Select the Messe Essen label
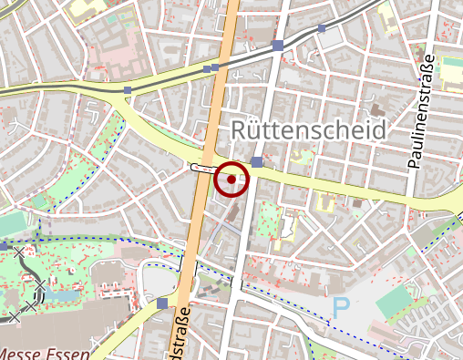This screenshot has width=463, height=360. pyautogui.click(x=44, y=354)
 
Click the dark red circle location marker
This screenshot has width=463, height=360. pyautogui.click(x=231, y=179)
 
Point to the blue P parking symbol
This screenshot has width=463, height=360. pyautogui.click(x=342, y=308)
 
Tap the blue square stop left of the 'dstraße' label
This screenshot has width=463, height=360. pyautogui.click(x=162, y=303)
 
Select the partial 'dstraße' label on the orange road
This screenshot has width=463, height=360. pyautogui.click(x=182, y=332)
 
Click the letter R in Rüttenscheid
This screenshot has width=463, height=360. pyautogui.click(x=240, y=129)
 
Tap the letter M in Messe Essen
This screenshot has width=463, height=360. pyautogui.click(x=6, y=354)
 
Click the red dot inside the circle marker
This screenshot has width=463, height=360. pyautogui.click(x=231, y=179)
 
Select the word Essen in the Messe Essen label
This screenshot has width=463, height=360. pyautogui.click(x=69, y=354)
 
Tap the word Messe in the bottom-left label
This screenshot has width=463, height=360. pyautogui.click(x=22, y=354)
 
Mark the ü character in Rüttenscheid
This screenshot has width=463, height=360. pyautogui.click(x=255, y=129)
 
